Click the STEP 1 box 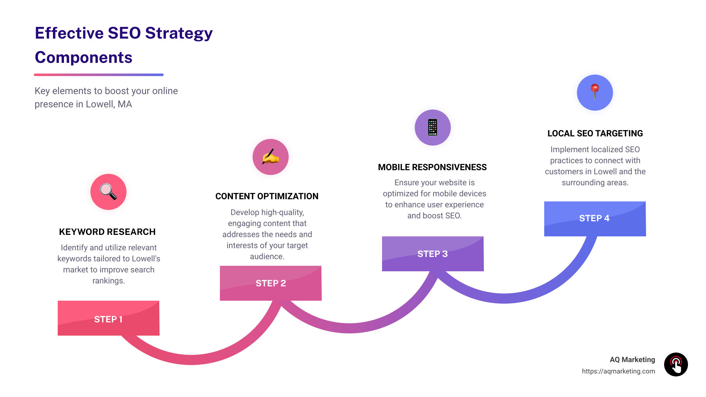pyautogui.click(x=108, y=318)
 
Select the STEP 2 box pyautogui.click(x=271, y=283)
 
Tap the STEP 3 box pyautogui.click(x=433, y=254)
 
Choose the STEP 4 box pyautogui.click(x=595, y=219)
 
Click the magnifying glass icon pyautogui.click(x=108, y=192)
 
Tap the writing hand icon pyautogui.click(x=271, y=157)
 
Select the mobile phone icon pyautogui.click(x=433, y=128)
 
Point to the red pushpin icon pyautogui.click(x=595, y=92)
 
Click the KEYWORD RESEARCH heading pyautogui.click(x=107, y=232)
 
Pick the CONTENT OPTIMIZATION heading pyautogui.click(x=267, y=196)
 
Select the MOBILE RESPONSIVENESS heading pyautogui.click(x=432, y=167)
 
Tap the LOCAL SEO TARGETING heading pyautogui.click(x=595, y=133)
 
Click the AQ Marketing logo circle pyautogui.click(x=676, y=364)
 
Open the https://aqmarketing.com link pyautogui.click(x=618, y=371)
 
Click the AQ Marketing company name pyautogui.click(x=632, y=360)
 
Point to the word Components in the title pyautogui.click(x=83, y=57)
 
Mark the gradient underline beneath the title pyautogui.click(x=99, y=75)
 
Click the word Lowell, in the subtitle pyautogui.click(x=100, y=104)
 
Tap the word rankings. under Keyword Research pyautogui.click(x=108, y=281)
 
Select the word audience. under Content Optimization pyautogui.click(x=267, y=257)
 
